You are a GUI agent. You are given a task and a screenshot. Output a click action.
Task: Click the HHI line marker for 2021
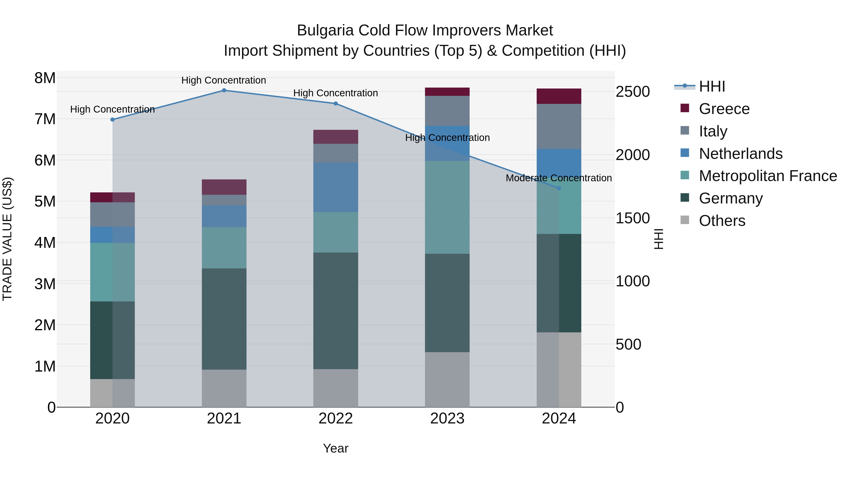coord(224,90)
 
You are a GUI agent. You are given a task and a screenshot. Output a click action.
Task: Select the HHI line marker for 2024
coord(559,188)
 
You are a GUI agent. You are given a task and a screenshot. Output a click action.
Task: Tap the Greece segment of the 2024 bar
coord(559,96)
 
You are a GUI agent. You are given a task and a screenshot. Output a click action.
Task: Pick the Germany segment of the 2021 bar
coord(224,319)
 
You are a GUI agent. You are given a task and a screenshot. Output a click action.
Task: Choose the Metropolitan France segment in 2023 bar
coord(447,207)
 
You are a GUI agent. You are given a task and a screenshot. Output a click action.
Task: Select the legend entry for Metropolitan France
coord(768,176)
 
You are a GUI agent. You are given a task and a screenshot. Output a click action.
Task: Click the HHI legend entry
coord(712,86)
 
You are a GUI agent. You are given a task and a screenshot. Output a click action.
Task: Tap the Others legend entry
coord(722,221)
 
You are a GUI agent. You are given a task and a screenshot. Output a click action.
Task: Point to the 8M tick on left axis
coord(45,78)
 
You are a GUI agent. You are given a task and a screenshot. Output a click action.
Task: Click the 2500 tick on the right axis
coord(633,92)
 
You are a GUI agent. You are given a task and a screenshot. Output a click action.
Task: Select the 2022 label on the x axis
coord(336,419)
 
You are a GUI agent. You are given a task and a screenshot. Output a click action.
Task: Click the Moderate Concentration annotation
coord(559,178)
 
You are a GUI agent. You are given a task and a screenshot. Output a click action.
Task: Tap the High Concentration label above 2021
coord(224,80)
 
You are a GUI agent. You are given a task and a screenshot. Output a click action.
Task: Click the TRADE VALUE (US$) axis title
coord(8,239)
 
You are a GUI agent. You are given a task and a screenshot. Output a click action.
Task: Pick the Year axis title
coord(336,448)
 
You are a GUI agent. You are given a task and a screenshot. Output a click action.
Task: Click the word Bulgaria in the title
coord(325,30)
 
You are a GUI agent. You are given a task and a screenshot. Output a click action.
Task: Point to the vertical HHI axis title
coord(658,239)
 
